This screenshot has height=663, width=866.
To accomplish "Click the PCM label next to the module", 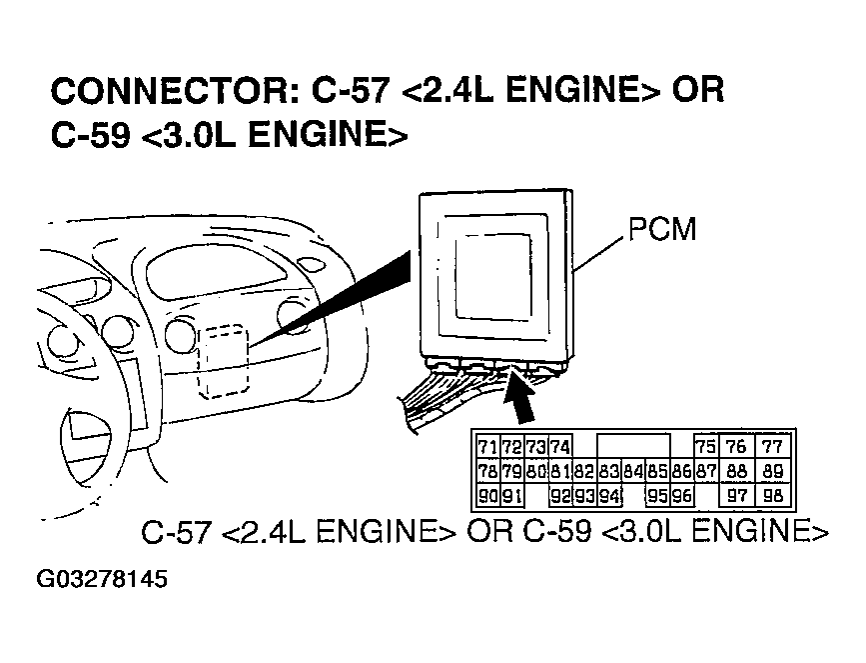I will pyautogui.click(x=662, y=230).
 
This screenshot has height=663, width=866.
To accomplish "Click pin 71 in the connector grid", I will pyautogui.click(x=487, y=447).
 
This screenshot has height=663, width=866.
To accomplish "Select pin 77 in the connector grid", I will pyautogui.click(x=773, y=447).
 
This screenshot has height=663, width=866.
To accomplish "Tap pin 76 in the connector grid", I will pyautogui.click(x=739, y=447).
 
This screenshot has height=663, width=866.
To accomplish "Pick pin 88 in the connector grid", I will pyautogui.click(x=739, y=471).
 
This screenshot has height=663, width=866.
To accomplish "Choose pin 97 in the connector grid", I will pyautogui.click(x=739, y=495).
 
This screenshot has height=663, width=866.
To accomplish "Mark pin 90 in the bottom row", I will pyautogui.click(x=487, y=495).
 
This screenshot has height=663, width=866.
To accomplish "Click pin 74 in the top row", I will pyautogui.click(x=560, y=447).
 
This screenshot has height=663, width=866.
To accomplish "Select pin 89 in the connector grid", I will pyautogui.click(x=773, y=471).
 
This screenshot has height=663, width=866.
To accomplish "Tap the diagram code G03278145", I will pyautogui.click(x=102, y=580).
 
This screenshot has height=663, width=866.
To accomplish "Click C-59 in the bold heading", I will pyautogui.click(x=89, y=136).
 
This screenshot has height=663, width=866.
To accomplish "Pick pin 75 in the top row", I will pyautogui.click(x=705, y=447).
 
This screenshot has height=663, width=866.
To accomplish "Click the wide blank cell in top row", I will pyautogui.click(x=633, y=447).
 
